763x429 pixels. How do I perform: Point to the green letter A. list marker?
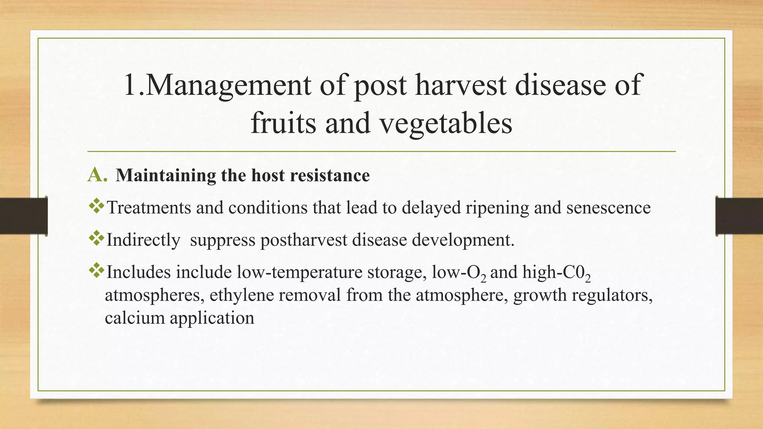(x=98, y=175)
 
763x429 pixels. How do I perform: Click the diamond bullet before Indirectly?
(x=97, y=238)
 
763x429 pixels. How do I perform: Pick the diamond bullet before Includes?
(x=97, y=271)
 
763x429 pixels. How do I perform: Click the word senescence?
(x=608, y=208)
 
